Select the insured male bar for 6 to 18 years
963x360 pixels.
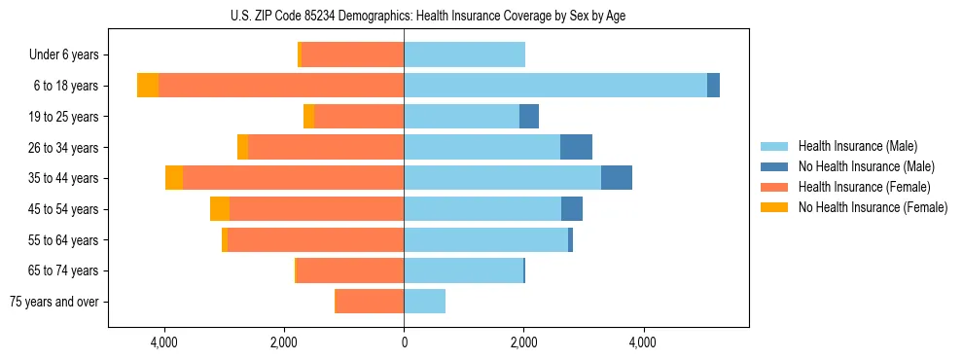tap(554, 86)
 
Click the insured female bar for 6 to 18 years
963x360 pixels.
tap(281, 86)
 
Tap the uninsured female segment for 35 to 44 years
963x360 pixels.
tap(174, 178)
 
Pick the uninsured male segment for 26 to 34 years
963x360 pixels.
tap(576, 147)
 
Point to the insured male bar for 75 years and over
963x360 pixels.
tap(424, 302)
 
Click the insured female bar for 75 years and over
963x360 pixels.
tap(369, 302)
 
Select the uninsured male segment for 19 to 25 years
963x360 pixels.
tap(529, 117)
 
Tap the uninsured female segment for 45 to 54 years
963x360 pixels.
tap(220, 209)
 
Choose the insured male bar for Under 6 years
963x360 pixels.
tap(464, 54)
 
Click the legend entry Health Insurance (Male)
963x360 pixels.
tap(857, 146)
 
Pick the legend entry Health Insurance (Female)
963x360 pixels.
tap(864, 187)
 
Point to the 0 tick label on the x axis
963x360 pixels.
tap(404, 343)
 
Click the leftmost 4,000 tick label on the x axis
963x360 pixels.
tap(163, 343)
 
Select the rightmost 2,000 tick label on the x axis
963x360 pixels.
tap(523, 343)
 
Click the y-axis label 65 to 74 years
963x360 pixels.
tap(64, 270)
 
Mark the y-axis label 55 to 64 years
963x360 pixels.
tap(64, 240)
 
